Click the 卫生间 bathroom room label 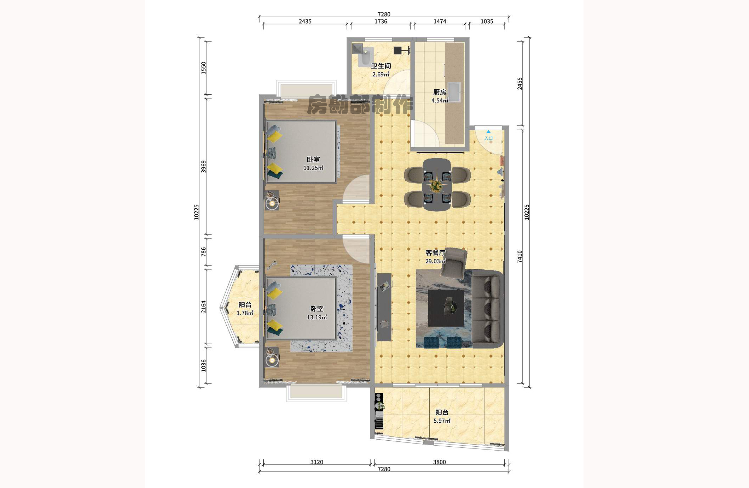381,66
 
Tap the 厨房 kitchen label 440,92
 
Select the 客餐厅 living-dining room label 435,253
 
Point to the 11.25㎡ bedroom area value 313,168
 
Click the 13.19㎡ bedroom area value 317,317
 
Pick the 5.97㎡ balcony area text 442,421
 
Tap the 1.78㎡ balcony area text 245,313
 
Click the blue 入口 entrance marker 488,136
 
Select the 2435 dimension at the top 305,22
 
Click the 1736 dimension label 381,22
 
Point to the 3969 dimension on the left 204,167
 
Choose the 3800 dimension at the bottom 440,462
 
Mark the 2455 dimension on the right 519,84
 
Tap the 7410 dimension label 519,256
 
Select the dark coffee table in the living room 446,308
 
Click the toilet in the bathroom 365,56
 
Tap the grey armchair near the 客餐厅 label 454,263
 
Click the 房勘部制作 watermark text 360,105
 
